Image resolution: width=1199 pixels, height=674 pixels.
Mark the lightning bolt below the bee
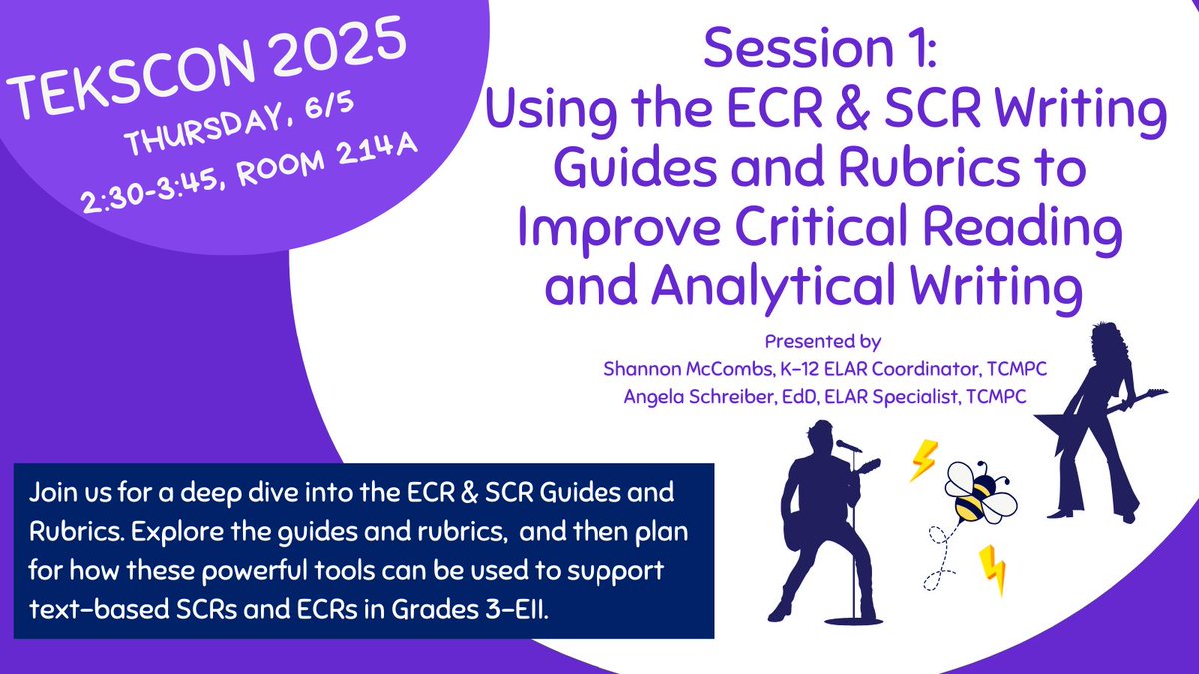click(x=991, y=568)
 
